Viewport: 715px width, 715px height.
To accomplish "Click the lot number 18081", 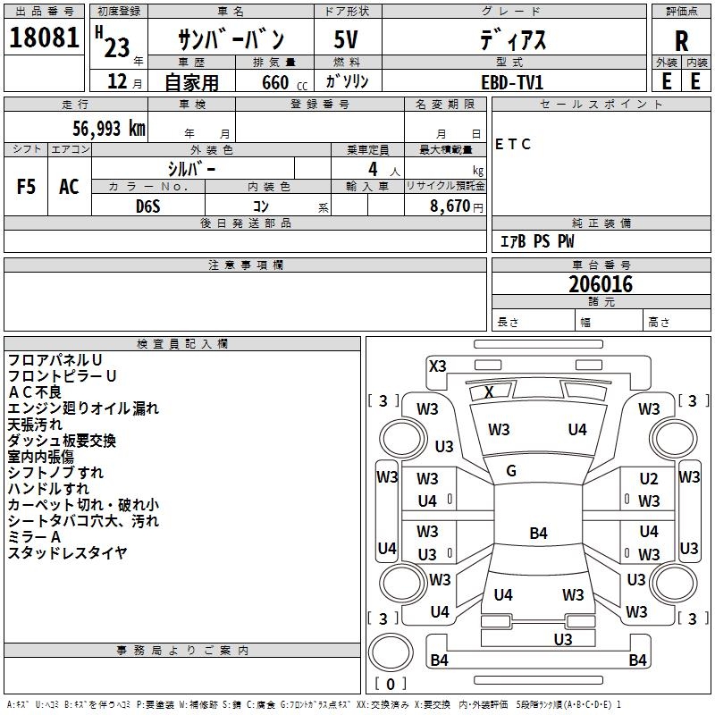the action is click(x=44, y=38).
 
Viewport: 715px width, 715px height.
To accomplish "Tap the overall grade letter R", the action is click(x=681, y=41).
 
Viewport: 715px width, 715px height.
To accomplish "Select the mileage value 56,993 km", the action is click(x=109, y=129).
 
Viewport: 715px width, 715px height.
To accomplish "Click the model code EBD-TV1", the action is click(x=512, y=82).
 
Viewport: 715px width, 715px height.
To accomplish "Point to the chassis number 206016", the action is click(x=601, y=284).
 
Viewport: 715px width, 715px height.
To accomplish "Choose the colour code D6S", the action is click(x=148, y=206).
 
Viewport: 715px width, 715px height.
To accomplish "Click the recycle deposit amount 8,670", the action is click(x=450, y=206).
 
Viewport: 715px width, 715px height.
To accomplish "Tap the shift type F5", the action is click(x=26, y=187).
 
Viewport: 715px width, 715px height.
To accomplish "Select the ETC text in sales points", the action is click(x=512, y=144).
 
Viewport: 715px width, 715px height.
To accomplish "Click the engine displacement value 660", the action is click(x=275, y=82).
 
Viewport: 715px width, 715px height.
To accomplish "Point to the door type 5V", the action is click(x=346, y=39).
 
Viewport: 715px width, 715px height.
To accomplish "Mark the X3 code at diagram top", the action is click(x=438, y=366).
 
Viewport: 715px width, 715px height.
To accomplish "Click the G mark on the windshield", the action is click(x=511, y=471).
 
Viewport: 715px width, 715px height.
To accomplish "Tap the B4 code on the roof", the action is click(x=539, y=533).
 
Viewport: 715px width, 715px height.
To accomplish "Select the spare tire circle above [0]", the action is click(x=391, y=652).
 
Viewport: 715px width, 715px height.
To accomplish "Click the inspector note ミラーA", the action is click(x=34, y=537).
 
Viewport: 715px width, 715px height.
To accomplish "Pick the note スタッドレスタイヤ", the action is click(x=68, y=552).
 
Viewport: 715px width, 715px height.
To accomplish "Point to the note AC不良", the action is click(x=35, y=392).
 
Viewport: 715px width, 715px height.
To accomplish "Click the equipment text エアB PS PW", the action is click(x=537, y=241).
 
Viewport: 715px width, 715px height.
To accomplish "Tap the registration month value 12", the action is click(x=117, y=81).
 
